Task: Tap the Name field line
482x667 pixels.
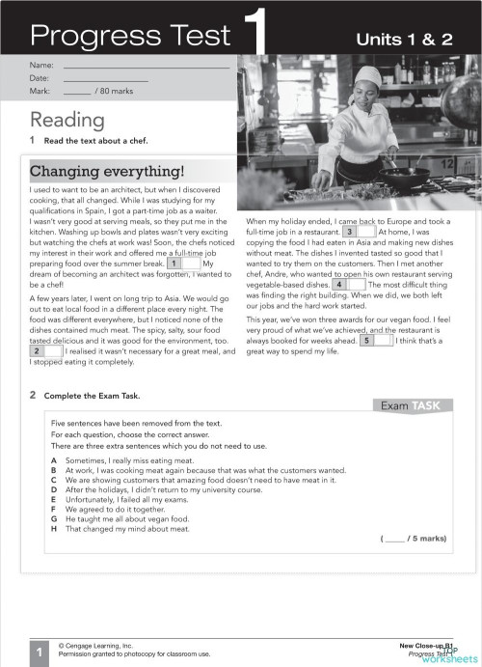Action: coord(146,65)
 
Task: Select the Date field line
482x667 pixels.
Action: coord(106,77)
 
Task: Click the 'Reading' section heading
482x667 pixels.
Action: coord(67,120)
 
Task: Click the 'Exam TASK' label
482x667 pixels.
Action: coord(411,405)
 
